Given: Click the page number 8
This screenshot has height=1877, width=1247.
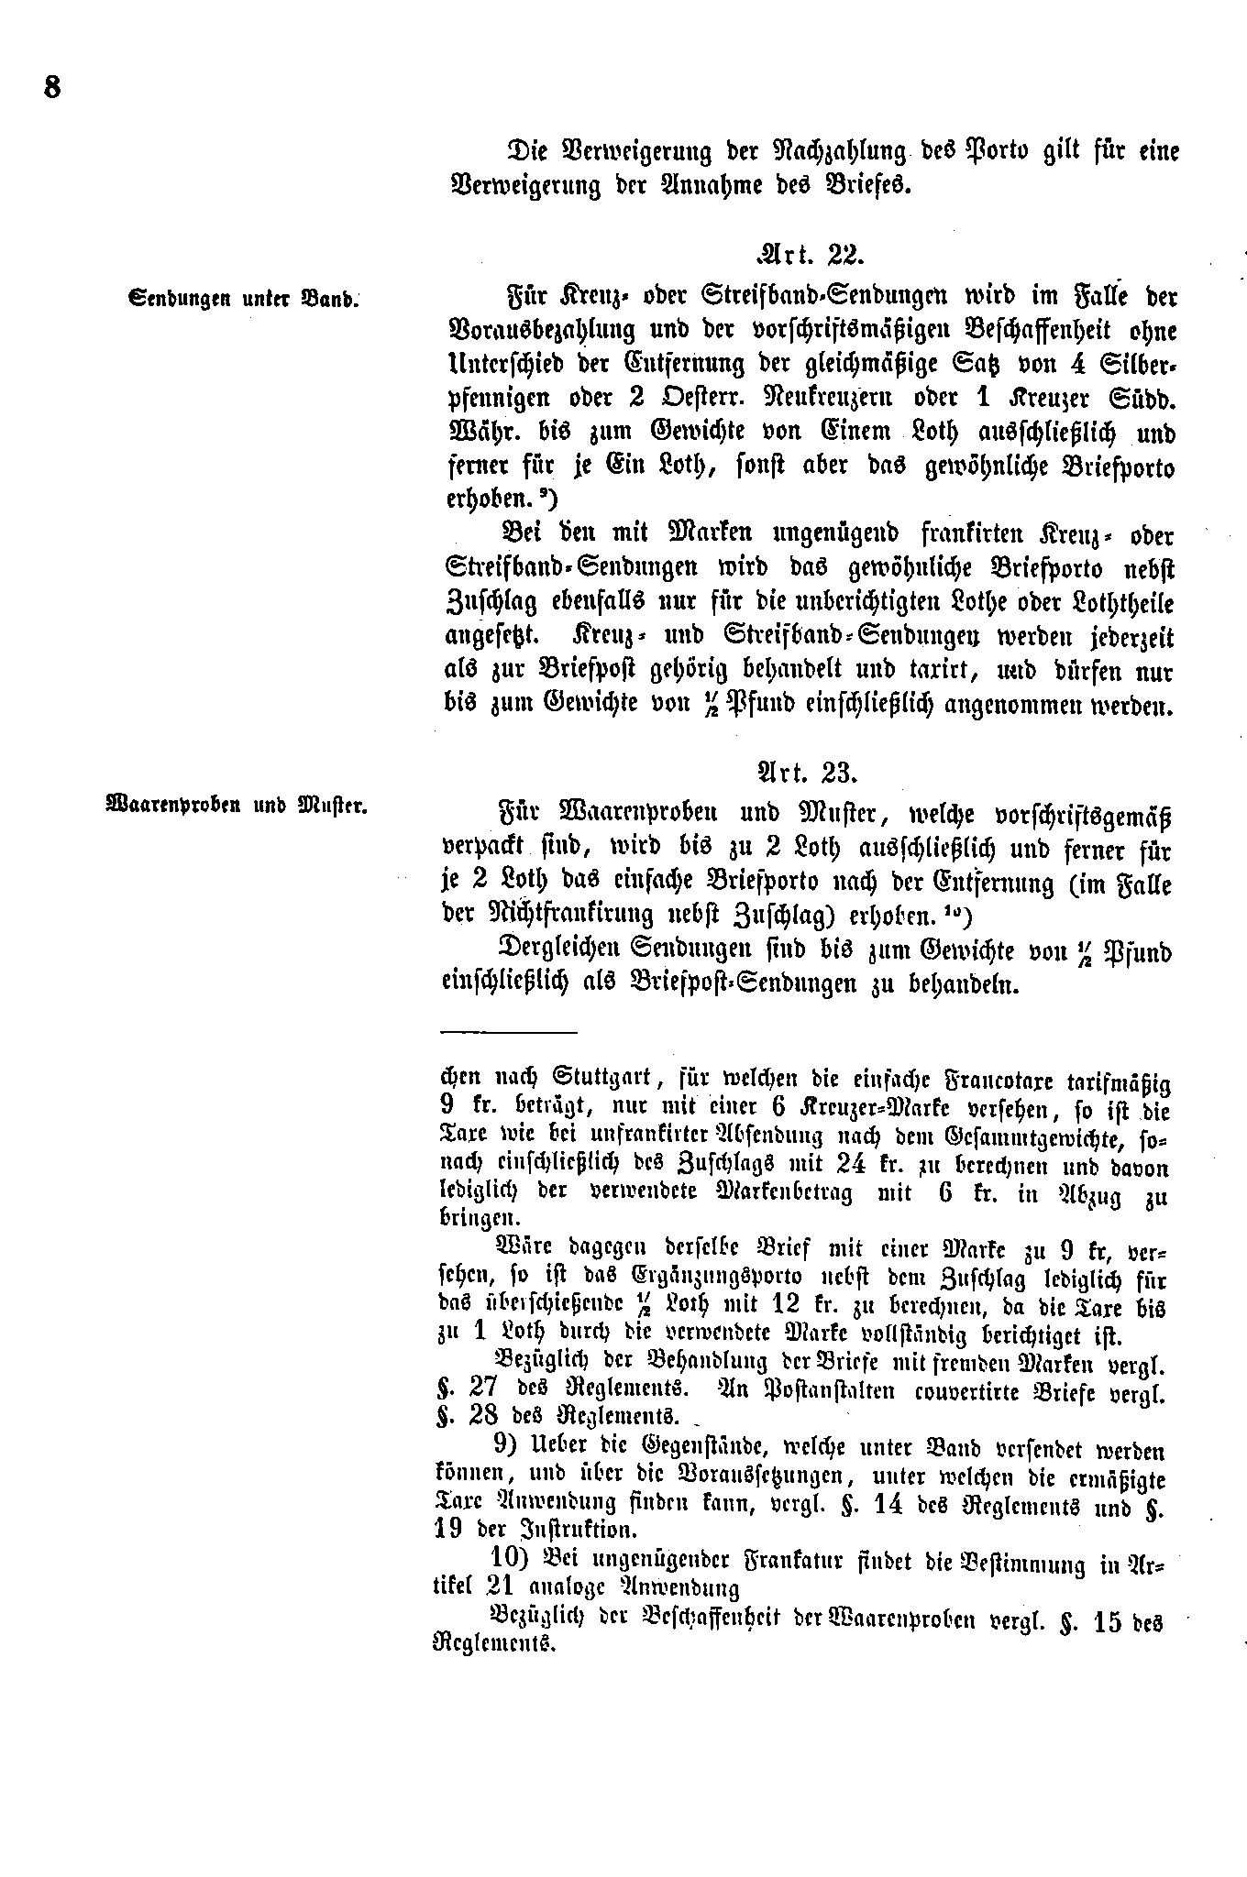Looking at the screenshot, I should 51,88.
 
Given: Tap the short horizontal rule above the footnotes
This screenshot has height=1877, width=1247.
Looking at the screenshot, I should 508,1032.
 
